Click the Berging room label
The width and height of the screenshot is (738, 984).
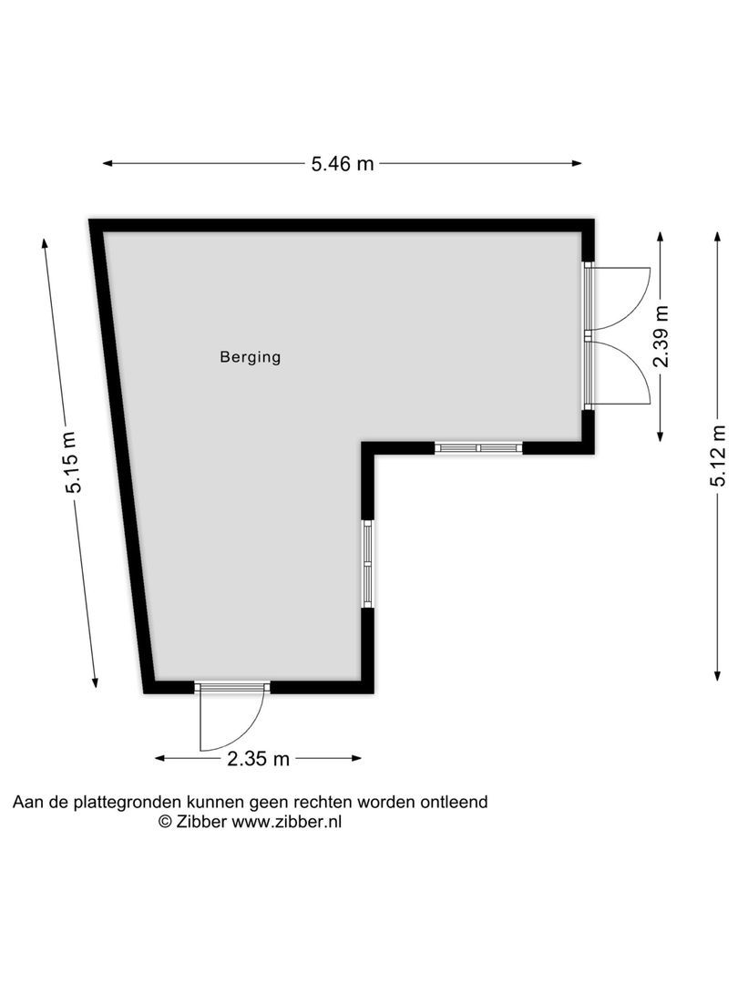250,357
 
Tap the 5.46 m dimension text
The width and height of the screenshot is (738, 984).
343,164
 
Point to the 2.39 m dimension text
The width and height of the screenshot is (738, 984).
662,335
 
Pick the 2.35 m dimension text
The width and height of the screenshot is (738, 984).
259,758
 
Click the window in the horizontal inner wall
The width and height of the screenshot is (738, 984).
478,447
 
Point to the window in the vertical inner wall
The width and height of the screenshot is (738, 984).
367,563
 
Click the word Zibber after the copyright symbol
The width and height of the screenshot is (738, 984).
201,821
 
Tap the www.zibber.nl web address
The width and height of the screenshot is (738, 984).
287,821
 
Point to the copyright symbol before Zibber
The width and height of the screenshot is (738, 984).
165,821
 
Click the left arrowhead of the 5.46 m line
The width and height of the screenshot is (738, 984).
107,164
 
